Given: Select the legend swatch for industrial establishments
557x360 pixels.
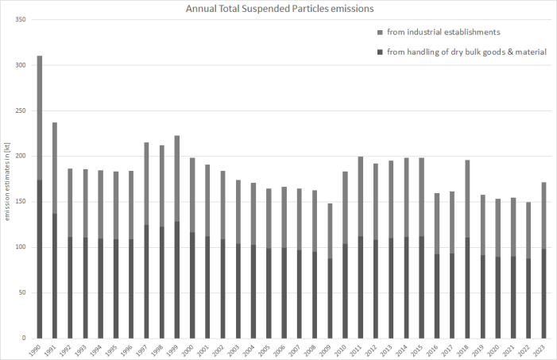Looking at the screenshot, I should (378, 32).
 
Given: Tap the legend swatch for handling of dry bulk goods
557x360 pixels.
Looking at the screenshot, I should (378, 52).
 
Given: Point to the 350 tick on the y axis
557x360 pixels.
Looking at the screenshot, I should (22, 18).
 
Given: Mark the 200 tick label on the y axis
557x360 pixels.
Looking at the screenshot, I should (22, 156).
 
